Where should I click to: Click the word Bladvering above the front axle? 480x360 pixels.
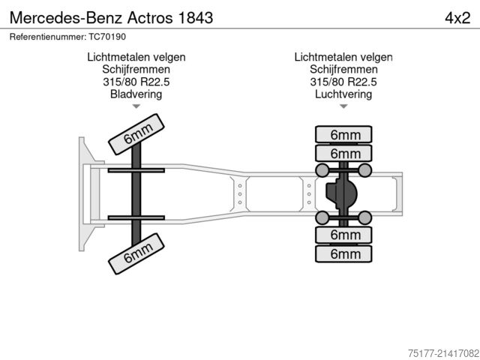[x=136, y=94]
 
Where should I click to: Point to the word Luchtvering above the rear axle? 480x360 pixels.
[x=343, y=94]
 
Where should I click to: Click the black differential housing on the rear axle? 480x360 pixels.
[x=341, y=194]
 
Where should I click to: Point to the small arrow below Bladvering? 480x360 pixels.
[x=136, y=107]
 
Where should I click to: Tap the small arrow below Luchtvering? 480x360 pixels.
[x=343, y=107]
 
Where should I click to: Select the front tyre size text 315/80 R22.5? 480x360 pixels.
[x=136, y=82]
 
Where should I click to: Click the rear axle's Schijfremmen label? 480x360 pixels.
[x=343, y=69]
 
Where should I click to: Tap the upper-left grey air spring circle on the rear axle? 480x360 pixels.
[x=322, y=171]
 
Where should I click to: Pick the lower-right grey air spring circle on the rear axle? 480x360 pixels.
[x=365, y=217]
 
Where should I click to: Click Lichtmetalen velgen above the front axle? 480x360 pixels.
[x=136, y=56]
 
